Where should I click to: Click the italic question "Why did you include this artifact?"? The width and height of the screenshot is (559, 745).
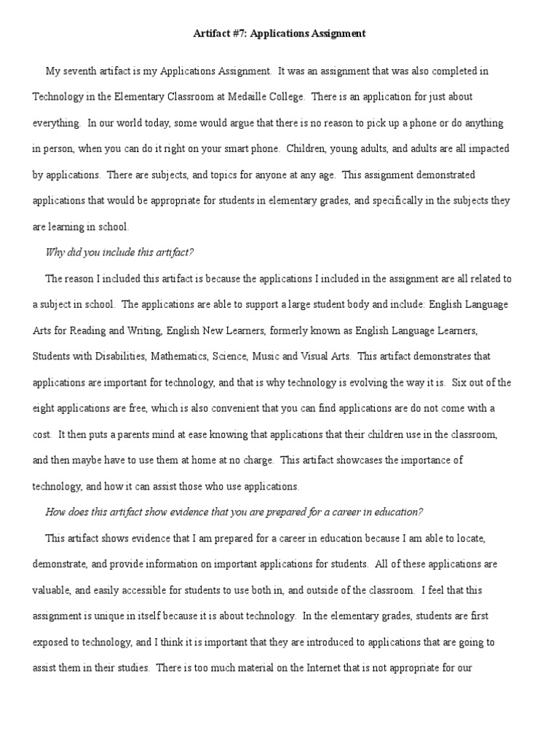(x=120, y=252)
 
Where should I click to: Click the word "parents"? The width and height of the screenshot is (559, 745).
(x=116, y=434)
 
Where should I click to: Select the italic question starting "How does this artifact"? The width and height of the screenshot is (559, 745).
(x=234, y=512)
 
